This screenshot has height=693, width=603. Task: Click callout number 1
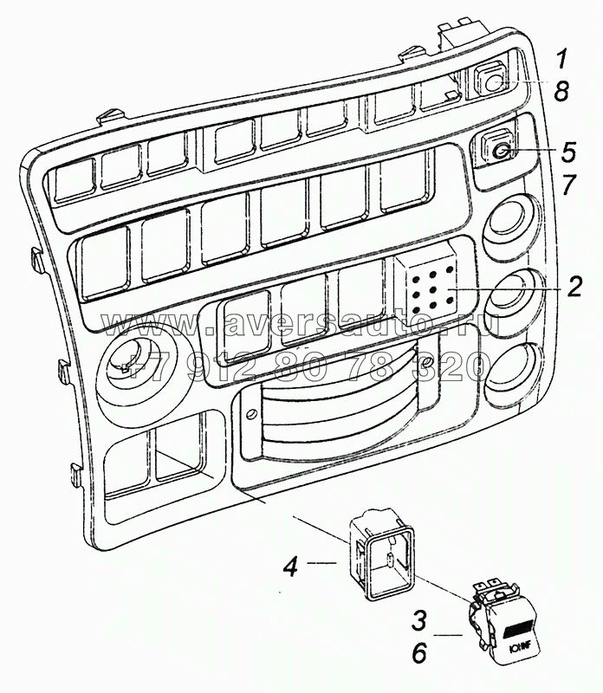click(x=561, y=59)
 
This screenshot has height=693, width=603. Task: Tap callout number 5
click(x=568, y=151)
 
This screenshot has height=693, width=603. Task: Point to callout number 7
click(x=568, y=184)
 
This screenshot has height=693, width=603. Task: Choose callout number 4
click(x=292, y=569)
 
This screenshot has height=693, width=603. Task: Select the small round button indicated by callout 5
click(x=500, y=152)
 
